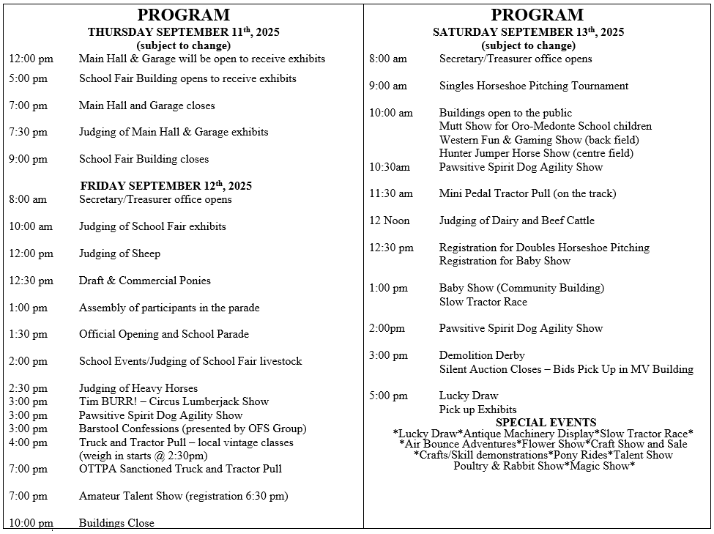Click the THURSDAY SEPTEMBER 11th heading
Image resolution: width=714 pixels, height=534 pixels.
tap(183, 32)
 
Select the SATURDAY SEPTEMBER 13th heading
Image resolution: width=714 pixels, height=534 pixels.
tap(528, 32)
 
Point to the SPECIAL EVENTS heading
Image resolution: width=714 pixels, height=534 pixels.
tap(546, 423)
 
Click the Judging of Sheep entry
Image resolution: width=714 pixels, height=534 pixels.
tap(119, 253)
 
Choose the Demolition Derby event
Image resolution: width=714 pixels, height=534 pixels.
tap(482, 355)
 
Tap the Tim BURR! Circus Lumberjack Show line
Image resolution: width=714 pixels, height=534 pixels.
tap(174, 401)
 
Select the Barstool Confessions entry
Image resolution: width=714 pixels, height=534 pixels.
tap(193, 429)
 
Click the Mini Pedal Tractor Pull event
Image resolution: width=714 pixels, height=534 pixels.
tap(527, 193)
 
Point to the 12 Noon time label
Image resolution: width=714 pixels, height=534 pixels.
tap(390, 220)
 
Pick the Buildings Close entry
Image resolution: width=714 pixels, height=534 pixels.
tap(116, 523)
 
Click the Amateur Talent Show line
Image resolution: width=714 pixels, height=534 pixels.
tap(183, 496)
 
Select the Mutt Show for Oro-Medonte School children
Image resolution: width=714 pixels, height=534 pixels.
tap(545, 126)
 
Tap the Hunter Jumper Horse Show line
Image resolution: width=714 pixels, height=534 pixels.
tap(536, 153)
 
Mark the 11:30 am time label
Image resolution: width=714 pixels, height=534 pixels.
tap(391, 193)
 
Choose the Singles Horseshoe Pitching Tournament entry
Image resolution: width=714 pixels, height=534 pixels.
tap(533, 86)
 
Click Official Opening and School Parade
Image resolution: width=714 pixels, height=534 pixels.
tap(164, 334)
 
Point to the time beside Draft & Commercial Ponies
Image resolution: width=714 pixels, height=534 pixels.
tap(31, 281)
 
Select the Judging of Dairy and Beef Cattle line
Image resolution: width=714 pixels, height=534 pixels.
tap(516, 220)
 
